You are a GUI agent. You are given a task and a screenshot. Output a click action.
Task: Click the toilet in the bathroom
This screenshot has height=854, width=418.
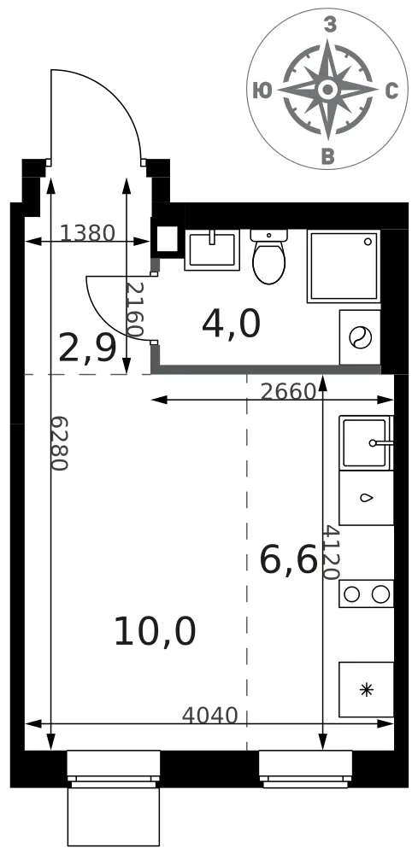click(x=268, y=255)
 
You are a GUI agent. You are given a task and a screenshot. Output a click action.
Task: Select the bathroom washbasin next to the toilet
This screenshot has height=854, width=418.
click(x=212, y=250)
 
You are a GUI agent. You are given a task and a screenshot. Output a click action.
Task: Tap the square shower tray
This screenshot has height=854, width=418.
click(x=344, y=266)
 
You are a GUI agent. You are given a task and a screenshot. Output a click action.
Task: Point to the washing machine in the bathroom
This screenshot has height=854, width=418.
click(x=360, y=337)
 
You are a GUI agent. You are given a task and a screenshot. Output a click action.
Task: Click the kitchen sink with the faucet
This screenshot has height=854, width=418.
click(x=366, y=442)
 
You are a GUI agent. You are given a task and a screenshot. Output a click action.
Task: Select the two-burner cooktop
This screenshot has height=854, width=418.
click(x=366, y=594)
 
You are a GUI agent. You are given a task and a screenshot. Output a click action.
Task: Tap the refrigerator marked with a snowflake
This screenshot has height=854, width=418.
click(x=366, y=689)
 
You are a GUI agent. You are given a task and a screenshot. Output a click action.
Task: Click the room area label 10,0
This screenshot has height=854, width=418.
click(x=155, y=632)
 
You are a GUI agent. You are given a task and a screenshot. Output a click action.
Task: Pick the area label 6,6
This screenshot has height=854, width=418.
click(x=288, y=560)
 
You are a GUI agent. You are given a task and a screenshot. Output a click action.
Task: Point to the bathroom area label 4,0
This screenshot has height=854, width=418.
click(x=231, y=324)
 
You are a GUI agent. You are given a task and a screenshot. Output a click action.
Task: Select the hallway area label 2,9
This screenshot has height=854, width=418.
click(x=87, y=348)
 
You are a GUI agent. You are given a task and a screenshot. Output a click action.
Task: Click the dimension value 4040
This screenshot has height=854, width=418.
click(x=209, y=715)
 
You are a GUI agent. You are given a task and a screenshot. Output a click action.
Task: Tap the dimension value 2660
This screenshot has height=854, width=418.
click(x=288, y=392)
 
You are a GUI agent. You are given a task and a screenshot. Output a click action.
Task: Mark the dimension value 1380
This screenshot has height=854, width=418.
click(x=87, y=233)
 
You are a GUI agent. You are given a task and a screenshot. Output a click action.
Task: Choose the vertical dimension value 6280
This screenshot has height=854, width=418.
click(x=59, y=443)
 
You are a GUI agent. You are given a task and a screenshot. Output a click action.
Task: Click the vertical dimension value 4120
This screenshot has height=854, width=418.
click(x=331, y=552)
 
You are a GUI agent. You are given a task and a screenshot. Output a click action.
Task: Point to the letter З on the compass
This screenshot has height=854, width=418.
click(x=329, y=25)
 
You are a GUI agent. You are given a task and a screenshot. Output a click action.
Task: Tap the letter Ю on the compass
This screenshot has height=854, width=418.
click(x=262, y=91)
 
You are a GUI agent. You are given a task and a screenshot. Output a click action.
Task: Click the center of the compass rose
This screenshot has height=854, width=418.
click(x=327, y=90)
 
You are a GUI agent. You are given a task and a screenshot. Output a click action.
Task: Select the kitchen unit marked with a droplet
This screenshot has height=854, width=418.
click(x=366, y=498)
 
